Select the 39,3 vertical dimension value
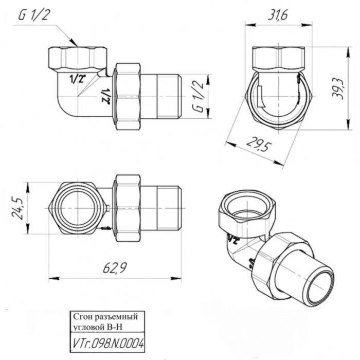point(337,89)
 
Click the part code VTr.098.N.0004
point(107,343)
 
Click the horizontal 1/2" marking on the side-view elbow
point(78,78)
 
